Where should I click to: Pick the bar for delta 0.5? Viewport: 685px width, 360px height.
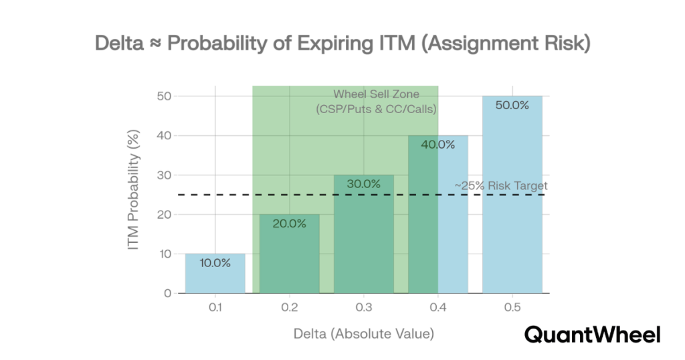click(512, 201)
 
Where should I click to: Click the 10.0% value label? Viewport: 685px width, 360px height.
click(215, 263)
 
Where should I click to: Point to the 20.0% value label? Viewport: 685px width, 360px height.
click(289, 223)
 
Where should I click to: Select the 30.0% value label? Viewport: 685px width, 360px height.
click(363, 184)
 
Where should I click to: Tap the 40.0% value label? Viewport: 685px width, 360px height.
click(438, 145)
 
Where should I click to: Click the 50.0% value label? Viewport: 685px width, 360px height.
click(512, 105)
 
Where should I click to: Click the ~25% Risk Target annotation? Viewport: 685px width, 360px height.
click(500, 185)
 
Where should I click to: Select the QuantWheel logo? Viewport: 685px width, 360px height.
click(592, 334)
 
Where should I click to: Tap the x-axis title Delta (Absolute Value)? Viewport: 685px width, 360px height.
click(363, 333)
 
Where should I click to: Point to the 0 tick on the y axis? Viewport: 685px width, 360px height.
click(167, 293)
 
